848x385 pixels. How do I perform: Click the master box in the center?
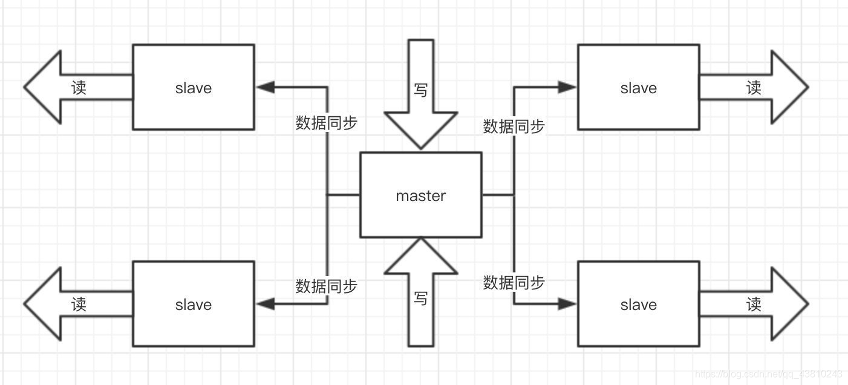coord(421,195)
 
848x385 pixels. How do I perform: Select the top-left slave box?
coord(194,87)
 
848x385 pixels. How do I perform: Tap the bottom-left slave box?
coord(194,304)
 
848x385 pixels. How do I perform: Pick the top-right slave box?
coord(639,87)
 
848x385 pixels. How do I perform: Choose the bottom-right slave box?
coord(639,304)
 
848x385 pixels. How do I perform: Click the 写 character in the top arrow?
coord(421,90)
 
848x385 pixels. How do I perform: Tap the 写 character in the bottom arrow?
coord(421,298)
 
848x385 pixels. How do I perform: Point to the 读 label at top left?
coord(79,88)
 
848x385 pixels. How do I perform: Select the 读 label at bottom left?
coord(79,304)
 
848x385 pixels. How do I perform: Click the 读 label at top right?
coord(754,88)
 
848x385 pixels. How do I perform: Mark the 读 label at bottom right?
coord(754,304)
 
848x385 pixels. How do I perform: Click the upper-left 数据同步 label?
coord(327,123)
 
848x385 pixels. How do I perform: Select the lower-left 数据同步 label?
coord(327,286)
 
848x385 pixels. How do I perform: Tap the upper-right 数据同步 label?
coord(514,127)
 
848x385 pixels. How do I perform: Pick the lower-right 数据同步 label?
coord(514,282)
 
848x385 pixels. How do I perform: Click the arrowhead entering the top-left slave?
coord(265,87)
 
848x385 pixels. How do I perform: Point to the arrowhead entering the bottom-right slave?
coord(567,304)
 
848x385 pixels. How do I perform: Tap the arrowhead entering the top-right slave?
coord(567,87)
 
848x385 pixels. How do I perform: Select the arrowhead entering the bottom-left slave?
coord(265,304)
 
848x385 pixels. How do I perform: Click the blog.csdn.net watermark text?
coord(768,374)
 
